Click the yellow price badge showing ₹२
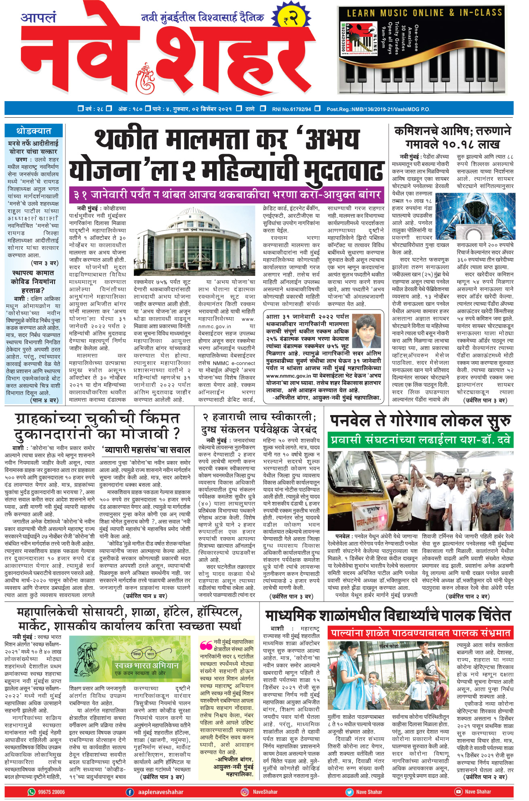292,18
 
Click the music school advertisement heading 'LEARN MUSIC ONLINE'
424,13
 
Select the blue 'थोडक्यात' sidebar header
34,131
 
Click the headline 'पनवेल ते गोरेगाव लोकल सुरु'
420,422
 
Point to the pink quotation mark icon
206,645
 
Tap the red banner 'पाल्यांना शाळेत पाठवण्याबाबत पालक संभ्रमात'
420,633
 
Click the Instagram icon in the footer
245,792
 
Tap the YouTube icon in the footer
458,792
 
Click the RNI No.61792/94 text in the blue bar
291,109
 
